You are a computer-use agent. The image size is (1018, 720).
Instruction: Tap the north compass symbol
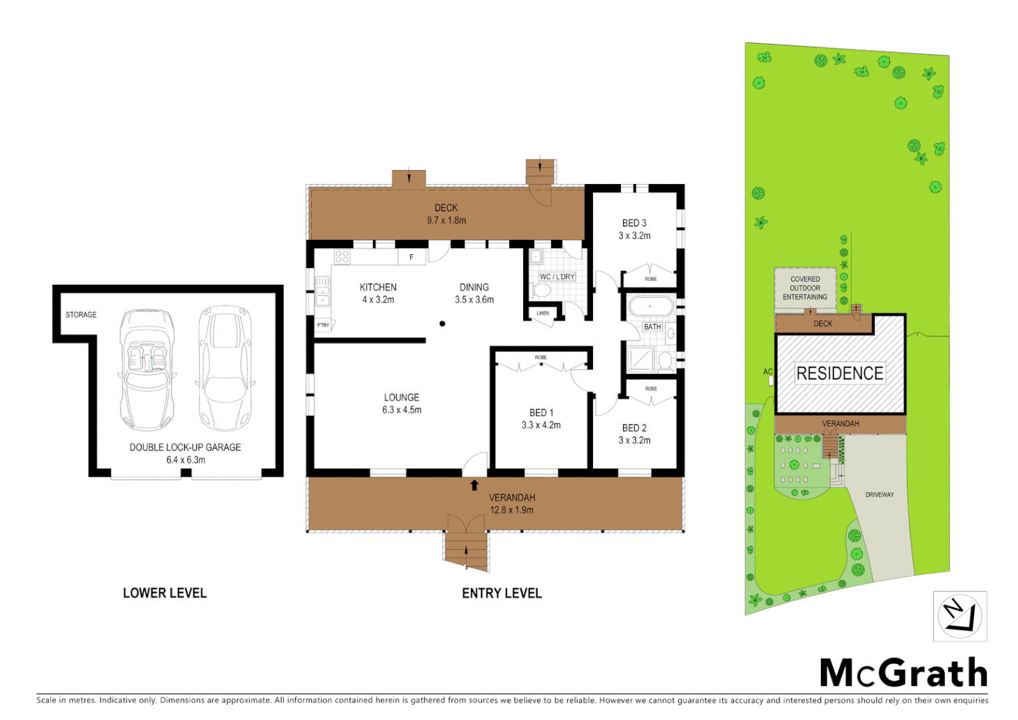(x=959, y=616)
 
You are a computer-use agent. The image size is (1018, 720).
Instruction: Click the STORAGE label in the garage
(x=81, y=315)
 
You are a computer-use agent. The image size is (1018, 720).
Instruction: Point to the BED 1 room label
(x=541, y=413)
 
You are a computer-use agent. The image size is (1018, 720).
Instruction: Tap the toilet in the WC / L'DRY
(x=542, y=291)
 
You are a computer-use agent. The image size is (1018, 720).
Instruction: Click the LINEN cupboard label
(x=543, y=313)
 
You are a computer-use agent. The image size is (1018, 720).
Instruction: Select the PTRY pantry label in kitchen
(x=323, y=325)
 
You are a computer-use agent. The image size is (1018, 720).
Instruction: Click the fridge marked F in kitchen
(x=412, y=257)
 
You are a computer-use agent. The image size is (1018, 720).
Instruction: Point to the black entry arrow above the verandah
(x=474, y=485)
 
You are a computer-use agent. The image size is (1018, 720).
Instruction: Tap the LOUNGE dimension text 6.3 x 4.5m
(x=402, y=410)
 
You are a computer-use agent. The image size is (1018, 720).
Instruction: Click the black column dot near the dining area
(x=442, y=324)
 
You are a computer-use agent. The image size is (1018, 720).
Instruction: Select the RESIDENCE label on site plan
(x=839, y=373)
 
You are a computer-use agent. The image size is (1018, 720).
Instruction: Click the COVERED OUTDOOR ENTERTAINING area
(x=805, y=289)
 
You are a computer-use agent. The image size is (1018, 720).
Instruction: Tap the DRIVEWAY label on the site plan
(x=879, y=495)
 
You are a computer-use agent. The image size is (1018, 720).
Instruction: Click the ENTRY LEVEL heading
(x=502, y=593)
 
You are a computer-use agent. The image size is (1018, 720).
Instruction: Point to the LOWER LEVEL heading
(x=165, y=593)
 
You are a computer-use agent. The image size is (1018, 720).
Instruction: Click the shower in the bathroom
(x=640, y=360)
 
